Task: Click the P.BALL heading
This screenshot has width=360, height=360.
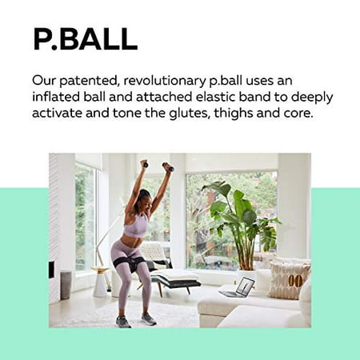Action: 84,38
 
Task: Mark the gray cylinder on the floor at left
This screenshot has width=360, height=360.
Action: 66,284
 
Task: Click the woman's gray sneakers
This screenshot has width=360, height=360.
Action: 135,321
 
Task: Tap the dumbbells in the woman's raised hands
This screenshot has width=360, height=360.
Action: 157,166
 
